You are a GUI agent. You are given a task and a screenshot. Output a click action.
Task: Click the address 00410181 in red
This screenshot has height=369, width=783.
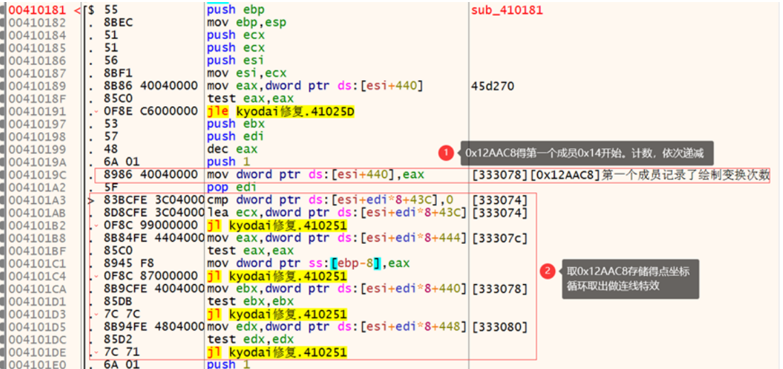37,10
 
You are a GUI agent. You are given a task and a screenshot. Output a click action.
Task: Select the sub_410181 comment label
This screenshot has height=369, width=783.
507,10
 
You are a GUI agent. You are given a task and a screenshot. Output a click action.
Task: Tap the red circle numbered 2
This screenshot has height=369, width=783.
548,272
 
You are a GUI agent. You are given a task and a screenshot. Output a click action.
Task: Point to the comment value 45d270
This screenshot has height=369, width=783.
493,86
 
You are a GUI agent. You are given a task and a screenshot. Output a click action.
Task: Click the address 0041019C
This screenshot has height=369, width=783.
37,175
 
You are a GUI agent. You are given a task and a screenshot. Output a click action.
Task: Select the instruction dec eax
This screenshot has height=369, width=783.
232,149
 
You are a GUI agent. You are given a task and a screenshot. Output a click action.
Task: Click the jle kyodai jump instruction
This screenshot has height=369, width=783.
281,112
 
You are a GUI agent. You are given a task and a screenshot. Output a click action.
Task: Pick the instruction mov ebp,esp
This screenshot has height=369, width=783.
246,23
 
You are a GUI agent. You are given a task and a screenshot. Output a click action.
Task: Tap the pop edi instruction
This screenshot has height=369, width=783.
232,188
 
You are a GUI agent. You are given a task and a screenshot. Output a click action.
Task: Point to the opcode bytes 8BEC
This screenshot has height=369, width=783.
119,23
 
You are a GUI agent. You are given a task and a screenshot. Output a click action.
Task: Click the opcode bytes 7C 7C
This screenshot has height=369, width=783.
123,314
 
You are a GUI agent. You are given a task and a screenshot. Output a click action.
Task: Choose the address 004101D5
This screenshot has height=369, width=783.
37,327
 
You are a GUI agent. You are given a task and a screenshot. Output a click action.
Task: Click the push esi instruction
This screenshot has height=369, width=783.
235,60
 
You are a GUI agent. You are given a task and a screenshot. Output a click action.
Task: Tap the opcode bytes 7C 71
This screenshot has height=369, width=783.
123,352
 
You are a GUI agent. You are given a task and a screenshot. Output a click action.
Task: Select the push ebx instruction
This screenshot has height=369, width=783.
235,124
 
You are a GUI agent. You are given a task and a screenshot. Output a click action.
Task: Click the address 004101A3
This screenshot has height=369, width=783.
37,200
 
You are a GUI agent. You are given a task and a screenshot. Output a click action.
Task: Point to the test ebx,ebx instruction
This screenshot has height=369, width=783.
251,302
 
